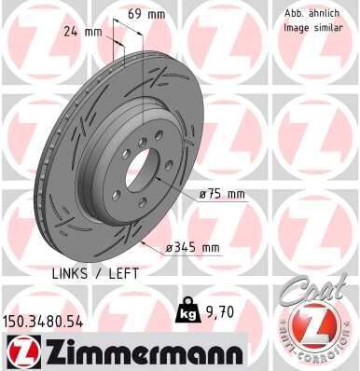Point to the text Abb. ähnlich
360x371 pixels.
pos(311,14)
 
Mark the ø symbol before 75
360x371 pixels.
pos(202,195)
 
